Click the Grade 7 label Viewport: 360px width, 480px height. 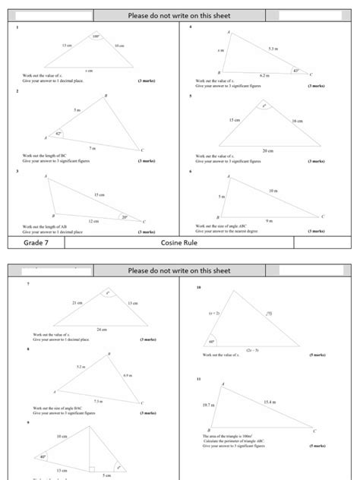[x=36, y=243]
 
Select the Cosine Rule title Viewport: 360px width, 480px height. [x=180, y=243]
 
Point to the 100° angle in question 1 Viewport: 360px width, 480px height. [x=96, y=36]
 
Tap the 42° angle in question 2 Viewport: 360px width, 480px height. [x=58, y=134]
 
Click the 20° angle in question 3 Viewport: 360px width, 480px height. [x=125, y=216]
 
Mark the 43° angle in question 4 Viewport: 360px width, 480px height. [x=296, y=71]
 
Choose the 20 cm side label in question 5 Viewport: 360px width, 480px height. [x=267, y=150]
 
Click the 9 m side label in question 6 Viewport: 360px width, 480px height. [x=269, y=221]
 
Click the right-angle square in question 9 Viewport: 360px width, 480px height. [x=91, y=469]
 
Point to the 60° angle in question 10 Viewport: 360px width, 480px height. [x=212, y=341]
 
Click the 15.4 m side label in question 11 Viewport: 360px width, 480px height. [x=270, y=401]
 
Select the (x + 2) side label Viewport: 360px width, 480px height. [x=213, y=312]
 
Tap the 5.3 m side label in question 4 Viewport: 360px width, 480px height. [x=273, y=49]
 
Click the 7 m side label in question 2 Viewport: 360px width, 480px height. [x=92, y=148]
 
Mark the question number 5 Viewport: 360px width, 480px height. [x=191, y=96]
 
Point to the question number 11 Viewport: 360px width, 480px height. [x=198, y=377]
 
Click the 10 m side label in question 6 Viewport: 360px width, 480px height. [x=273, y=190]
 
